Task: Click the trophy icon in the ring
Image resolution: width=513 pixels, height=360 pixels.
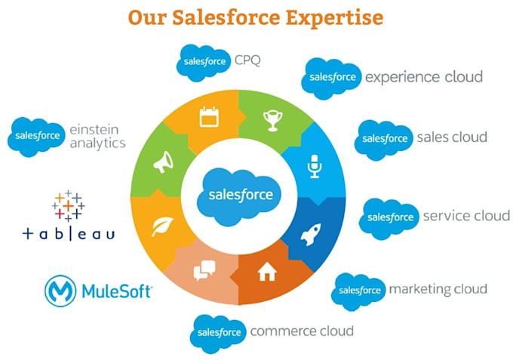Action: tap(273, 121)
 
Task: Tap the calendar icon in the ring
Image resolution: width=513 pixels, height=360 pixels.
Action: tap(209, 116)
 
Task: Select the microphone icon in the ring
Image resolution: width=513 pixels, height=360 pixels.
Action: tap(315, 166)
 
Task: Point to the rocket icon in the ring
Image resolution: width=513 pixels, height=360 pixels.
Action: tap(311, 234)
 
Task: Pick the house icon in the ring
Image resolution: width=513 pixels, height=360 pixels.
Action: tap(267, 271)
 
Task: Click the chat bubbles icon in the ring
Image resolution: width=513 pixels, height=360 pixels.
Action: tap(204, 270)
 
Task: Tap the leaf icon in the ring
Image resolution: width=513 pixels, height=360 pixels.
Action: tap(162, 226)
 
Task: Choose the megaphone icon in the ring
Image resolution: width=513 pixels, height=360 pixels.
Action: tap(164, 162)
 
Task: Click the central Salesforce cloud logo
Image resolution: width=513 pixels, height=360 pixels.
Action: tap(239, 196)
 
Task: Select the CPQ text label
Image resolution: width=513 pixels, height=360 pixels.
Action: tap(247, 60)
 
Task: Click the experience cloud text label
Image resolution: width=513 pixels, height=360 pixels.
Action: tap(424, 77)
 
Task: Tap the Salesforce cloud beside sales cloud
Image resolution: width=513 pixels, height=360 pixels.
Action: tap(383, 140)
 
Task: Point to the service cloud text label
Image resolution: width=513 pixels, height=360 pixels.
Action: tap(466, 216)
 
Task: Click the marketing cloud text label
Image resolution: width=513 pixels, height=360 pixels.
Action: tap(438, 289)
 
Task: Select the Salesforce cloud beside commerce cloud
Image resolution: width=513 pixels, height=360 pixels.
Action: tap(218, 334)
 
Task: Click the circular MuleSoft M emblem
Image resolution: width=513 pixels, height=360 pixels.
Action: tap(60, 291)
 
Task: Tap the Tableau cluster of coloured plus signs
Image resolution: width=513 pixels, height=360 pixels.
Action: tap(68, 206)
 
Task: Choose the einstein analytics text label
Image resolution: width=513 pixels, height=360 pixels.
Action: tap(97, 137)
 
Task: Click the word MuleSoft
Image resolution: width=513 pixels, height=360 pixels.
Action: tap(117, 291)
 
